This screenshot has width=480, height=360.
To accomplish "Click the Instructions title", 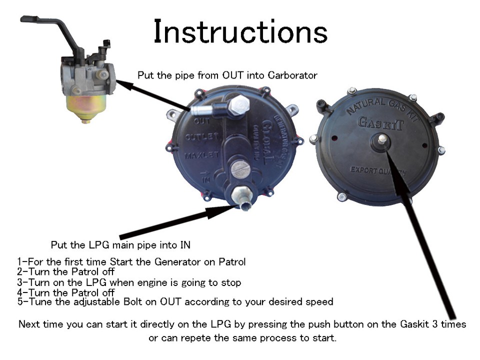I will (x=240, y=31).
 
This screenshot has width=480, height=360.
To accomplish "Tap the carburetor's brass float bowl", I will (x=86, y=106).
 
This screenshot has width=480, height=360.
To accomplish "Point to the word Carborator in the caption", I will (x=292, y=75).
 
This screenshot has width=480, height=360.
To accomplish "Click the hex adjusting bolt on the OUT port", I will (x=239, y=105).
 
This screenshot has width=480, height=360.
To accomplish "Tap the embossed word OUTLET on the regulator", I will (x=201, y=137).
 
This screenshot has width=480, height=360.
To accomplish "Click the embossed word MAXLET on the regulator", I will (x=202, y=156).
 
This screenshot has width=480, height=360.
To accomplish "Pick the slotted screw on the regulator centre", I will (x=241, y=170).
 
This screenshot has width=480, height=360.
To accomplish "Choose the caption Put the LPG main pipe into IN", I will (x=120, y=245).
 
